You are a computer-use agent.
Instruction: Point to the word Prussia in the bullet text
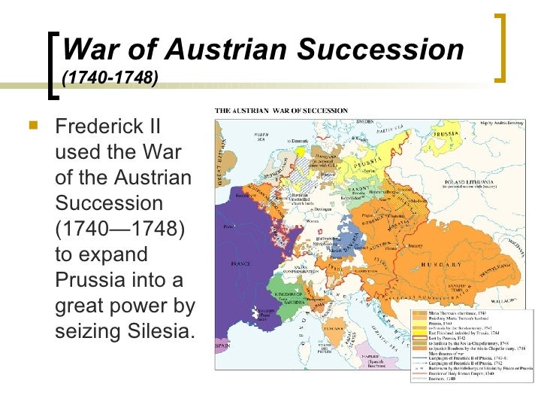[x=89, y=281]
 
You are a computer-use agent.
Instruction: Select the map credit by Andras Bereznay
[x=506, y=114]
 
